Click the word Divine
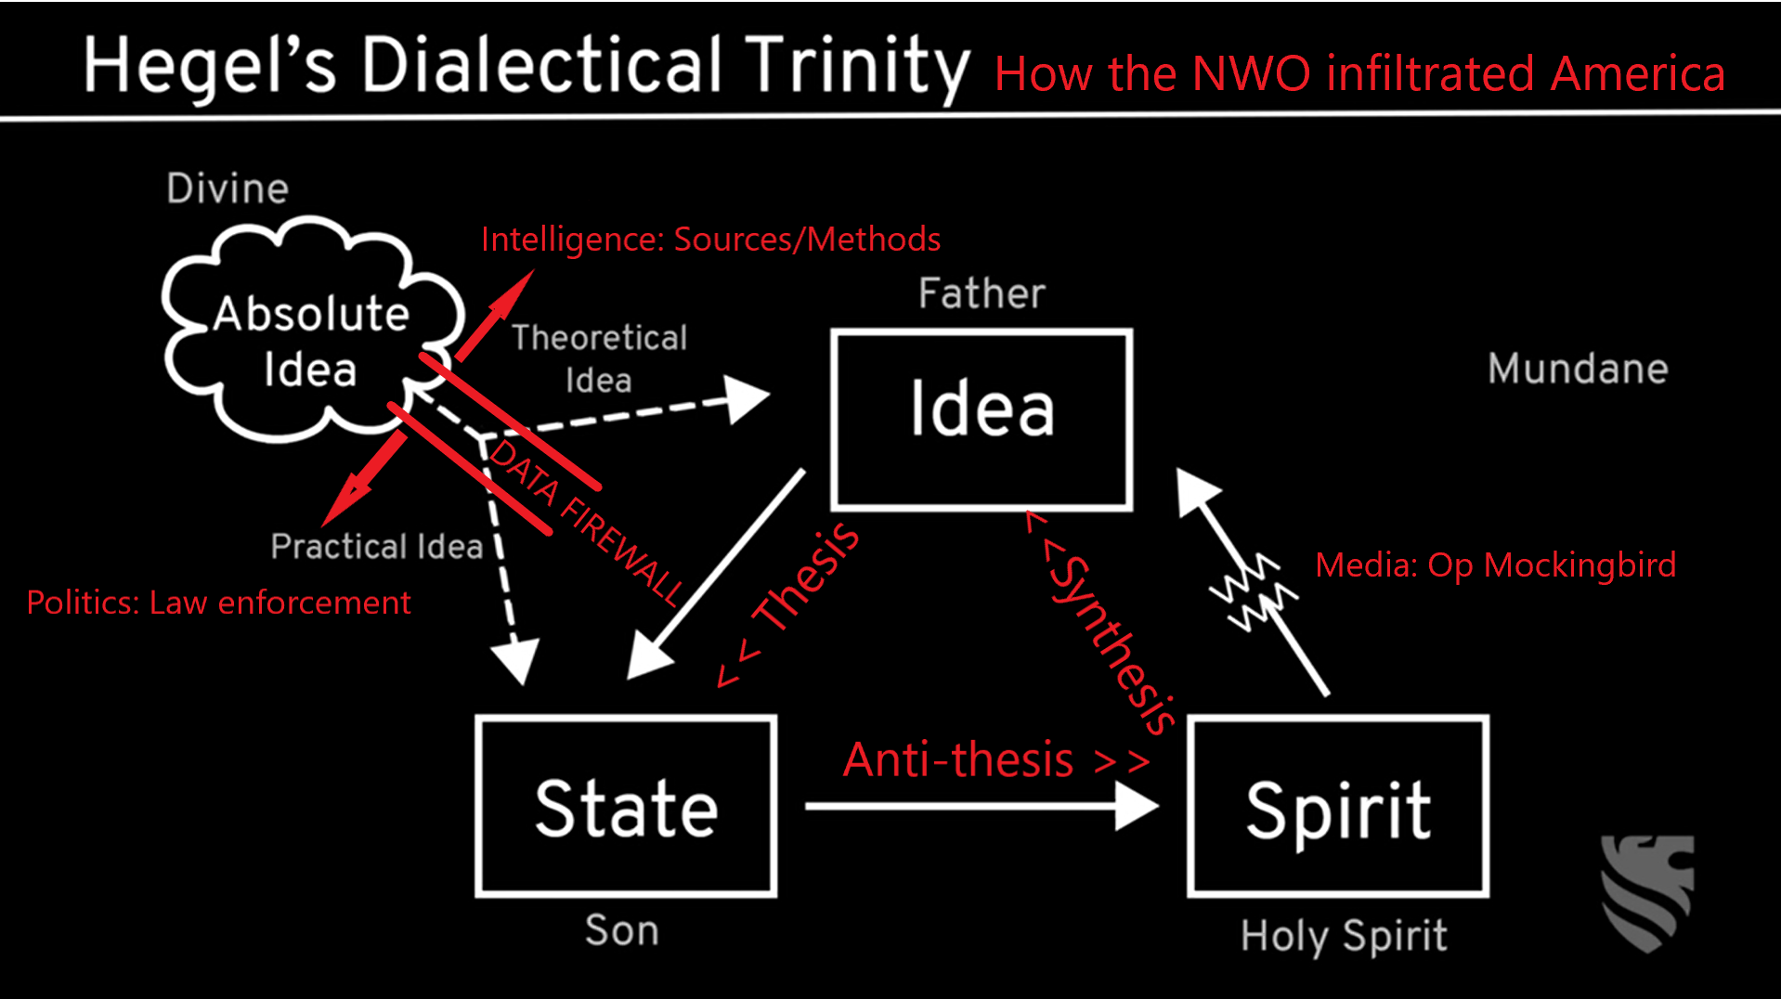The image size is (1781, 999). tap(227, 188)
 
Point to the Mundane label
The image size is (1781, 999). tap(1578, 369)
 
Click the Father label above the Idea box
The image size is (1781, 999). tap(981, 293)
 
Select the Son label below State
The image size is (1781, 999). tap(622, 930)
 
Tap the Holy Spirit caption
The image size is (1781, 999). tap(1344, 936)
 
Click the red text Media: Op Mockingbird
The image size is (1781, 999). tap(1496, 564)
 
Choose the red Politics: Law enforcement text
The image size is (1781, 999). tap(218, 603)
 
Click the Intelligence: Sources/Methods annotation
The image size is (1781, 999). tap(710, 240)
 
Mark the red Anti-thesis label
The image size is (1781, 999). tap(959, 759)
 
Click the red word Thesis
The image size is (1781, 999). tap(807, 577)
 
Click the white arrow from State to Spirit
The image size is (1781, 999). tap(982, 806)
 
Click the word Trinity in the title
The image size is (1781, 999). tap(857, 67)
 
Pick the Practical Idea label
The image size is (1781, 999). tap(377, 546)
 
